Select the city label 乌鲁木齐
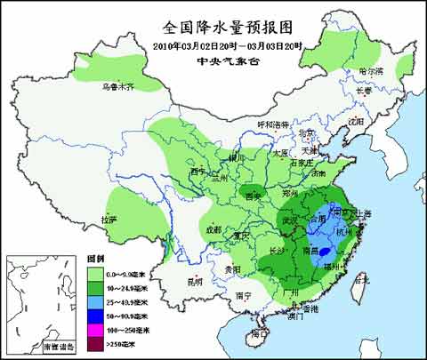click(117, 86)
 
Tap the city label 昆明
click(196, 282)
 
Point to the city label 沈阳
click(356, 121)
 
